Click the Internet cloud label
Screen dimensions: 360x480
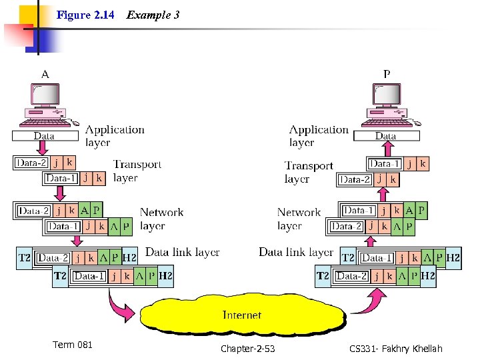[x=241, y=315]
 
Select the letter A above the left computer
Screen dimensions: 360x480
[x=45, y=75]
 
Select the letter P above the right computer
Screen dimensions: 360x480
[x=387, y=75]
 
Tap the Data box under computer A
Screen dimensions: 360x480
[x=44, y=136]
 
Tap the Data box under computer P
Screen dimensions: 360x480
[x=385, y=136]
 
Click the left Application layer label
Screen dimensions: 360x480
[x=115, y=136]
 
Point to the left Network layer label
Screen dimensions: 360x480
[x=161, y=219]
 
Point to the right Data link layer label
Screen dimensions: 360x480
[x=295, y=252]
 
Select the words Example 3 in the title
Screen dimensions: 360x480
[x=153, y=15]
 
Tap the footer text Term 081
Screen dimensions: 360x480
[x=73, y=345]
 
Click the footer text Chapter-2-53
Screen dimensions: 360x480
[x=247, y=349]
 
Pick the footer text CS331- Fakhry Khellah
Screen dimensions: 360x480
[x=395, y=349]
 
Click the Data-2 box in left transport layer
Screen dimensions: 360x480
[x=31, y=162]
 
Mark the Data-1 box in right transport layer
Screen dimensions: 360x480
[x=385, y=163]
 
